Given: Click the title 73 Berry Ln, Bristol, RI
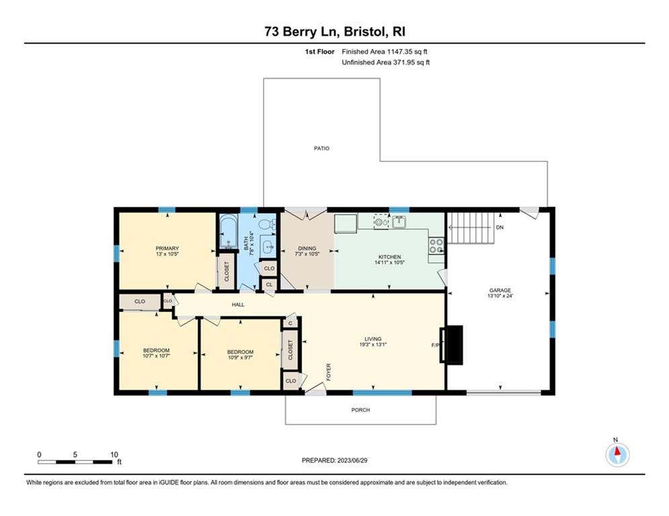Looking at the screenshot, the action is (335, 32).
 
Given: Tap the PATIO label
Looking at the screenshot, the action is (321, 148).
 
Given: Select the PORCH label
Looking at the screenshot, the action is (360, 410).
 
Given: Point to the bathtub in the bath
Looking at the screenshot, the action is (228, 232).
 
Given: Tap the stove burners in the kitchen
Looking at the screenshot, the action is (436, 246).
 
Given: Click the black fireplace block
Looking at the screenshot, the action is (451, 345).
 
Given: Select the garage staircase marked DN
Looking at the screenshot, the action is (470, 228).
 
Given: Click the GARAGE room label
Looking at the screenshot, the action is (500, 290).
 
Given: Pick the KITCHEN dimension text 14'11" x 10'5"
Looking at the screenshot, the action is (389, 263).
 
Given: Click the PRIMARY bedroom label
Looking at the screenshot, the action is (167, 248).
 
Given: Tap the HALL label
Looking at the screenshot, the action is (238, 304).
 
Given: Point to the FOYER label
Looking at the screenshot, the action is (329, 372).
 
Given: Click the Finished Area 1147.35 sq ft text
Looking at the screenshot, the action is (385, 52).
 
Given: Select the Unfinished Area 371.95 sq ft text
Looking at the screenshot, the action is (386, 62).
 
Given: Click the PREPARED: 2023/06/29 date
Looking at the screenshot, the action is (335, 460).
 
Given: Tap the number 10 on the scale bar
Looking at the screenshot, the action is (114, 455).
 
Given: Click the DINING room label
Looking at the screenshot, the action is (307, 248).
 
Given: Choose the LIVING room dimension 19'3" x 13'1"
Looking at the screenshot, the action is (373, 345).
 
